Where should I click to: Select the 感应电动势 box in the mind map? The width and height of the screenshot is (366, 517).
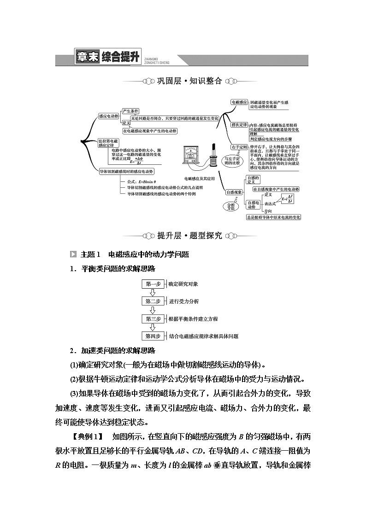[x=109, y=116]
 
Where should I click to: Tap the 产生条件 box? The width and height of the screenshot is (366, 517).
[x=130, y=111]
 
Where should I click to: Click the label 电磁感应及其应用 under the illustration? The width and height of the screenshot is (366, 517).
[x=200, y=178]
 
